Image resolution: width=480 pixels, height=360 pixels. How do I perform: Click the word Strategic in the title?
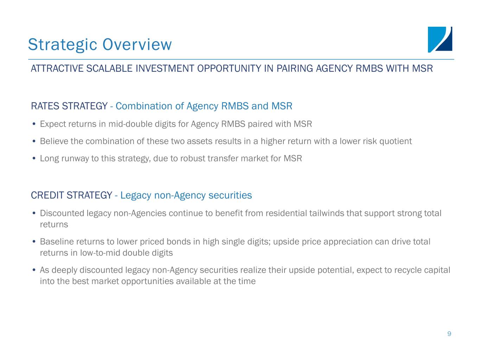pyautogui.click(x=63, y=45)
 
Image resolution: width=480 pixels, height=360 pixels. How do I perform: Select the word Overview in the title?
pyautogui.click(x=137, y=44)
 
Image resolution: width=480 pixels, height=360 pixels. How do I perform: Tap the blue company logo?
pyautogui.click(x=440, y=40)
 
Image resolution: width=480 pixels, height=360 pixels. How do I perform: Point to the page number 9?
pyautogui.click(x=449, y=334)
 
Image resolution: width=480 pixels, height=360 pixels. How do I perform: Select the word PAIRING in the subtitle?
pyautogui.click(x=295, y=69)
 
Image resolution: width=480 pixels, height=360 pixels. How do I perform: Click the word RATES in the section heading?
pyautogui.click(x=45, y=106)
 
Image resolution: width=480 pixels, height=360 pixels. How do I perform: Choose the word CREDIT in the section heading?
pyautogui.click(x=47, y=195)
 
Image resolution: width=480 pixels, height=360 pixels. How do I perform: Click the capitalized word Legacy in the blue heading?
pyautogui.click(x=136, y=195)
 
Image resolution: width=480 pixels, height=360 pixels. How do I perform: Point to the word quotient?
pyautogui.click(x=396, y=141)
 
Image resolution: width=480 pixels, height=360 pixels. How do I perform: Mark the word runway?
pyautogui.click(x=75, y=159)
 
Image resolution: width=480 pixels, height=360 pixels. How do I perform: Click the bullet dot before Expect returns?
pyautogui.click(x=34, y=124)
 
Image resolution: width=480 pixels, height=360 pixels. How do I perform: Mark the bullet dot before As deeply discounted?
pyautogui.click(x=34, y=270)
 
